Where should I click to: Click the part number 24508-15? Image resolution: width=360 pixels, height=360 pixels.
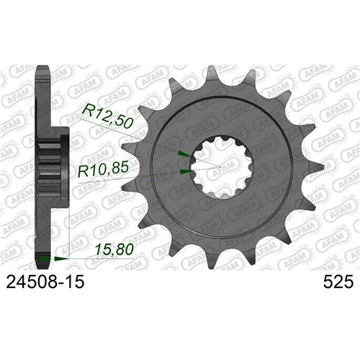(x=42, y=284)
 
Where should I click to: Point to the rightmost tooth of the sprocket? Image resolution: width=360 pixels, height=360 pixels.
(x=307, y=173)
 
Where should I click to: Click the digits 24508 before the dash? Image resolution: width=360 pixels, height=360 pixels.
(x=32, y=284)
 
